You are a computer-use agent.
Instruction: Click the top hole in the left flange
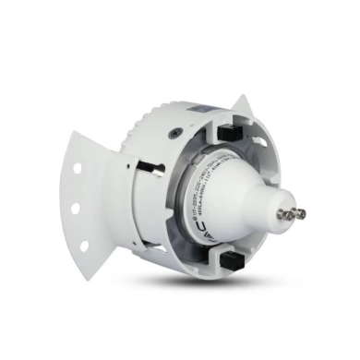[77, 168]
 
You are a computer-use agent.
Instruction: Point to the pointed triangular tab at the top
[243, 104]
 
